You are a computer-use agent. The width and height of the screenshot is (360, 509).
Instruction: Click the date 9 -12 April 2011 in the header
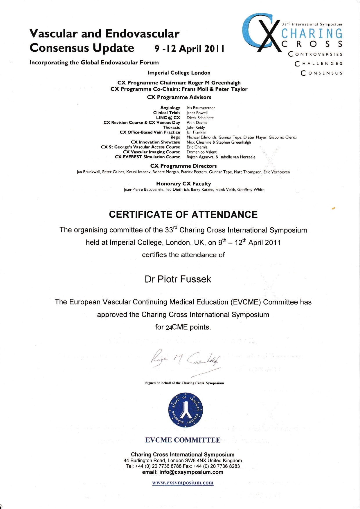click(x=189, y=48)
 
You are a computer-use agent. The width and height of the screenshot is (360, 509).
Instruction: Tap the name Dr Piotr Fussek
click(x=178, y=279)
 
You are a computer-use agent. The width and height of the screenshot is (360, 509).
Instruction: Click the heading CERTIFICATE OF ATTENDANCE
click(x=183, y=214)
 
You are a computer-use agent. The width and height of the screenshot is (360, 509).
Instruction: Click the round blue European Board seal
click(x=186, y=410)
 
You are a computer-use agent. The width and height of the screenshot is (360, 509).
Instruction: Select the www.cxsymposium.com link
click(x=183, y=483)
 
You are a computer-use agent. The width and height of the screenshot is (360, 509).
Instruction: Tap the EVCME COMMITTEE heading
click(x=183, y=440)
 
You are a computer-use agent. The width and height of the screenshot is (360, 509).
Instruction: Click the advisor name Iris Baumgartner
click(x=201, y=108)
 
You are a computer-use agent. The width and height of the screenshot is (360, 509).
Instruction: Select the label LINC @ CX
click(x=168, y=118)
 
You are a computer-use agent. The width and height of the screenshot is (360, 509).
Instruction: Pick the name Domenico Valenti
click(x=202, y=152)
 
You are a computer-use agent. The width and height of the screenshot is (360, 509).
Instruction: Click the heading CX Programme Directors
click(x=183, y=166)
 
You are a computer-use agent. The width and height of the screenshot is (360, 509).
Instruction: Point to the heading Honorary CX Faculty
click(x=183, y=184)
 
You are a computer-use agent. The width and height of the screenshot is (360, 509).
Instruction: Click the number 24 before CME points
click(x=169, y=328)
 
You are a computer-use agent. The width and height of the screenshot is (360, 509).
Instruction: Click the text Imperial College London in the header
click(x=179, y=73)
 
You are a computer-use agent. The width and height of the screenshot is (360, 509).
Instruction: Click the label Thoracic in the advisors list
click(x=171, y=127)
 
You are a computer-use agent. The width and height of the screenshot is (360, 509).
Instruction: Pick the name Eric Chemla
click(x=197, y=147)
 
